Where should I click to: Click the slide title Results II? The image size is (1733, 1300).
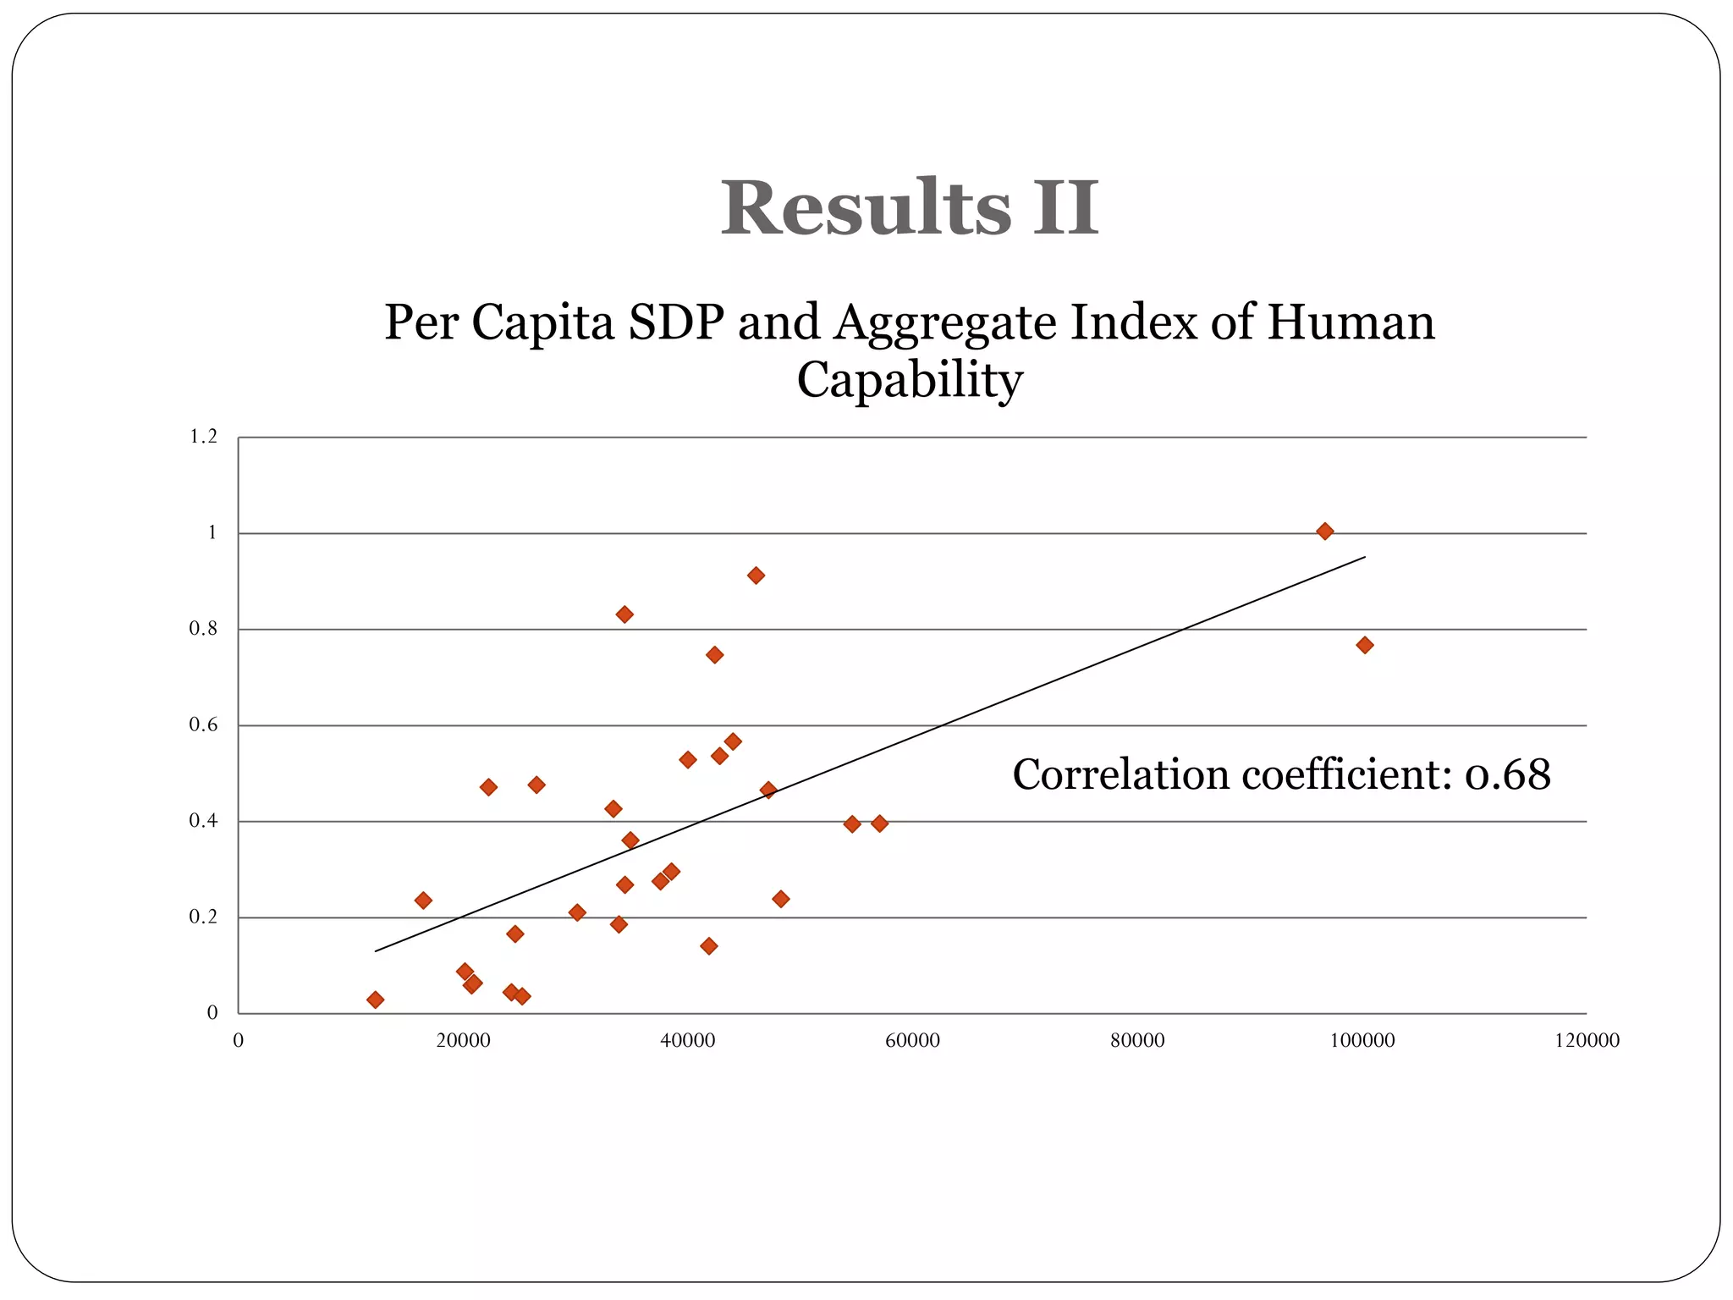click(x=910, y=207)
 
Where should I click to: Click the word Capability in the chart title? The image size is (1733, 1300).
click(x=910, y=380)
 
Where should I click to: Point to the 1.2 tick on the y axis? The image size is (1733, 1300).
click(x=203, y=437)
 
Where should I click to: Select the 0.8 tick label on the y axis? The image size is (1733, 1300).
click(x=203, y=629)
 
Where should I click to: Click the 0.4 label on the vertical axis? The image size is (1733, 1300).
click(x=203, y=821)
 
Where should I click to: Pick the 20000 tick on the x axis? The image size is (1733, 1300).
click(x=463, y=1041)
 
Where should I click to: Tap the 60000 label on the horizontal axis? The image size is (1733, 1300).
click(x=912, y=1041)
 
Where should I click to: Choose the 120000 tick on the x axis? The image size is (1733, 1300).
click(x=1587, y=1041)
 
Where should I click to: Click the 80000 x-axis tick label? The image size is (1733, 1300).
click(x=1137, y=1041)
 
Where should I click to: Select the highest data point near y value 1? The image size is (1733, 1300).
click(x=1325, y=532)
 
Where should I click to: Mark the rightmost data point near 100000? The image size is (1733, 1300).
click(x=1364, y=645)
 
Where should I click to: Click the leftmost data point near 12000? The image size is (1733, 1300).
click(x=376, y=1000)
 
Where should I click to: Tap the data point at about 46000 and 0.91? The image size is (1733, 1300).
click(x=756, y=576)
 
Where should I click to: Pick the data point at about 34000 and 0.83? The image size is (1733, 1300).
click(x=624, y=614)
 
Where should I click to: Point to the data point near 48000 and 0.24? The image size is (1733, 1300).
click(x=781, y=899)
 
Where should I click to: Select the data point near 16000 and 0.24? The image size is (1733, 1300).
click(x=423, y=901)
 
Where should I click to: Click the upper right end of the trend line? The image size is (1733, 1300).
click(x=1364, y=557)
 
